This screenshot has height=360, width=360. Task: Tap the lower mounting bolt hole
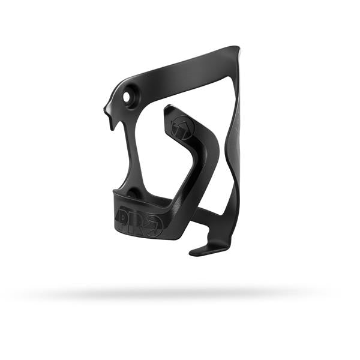tap(133, 194)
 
